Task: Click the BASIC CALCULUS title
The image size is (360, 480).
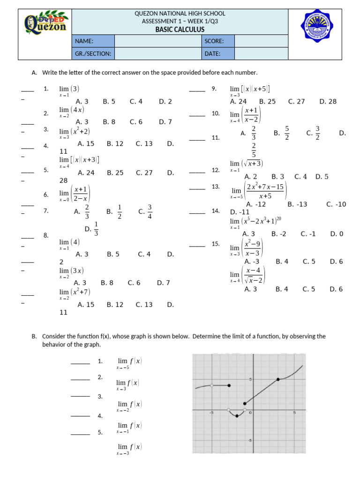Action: click(x=180, y=30)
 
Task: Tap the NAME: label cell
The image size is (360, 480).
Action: click(x=93, y=41)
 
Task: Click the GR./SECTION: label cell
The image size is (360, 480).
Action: click(x=93, y=53)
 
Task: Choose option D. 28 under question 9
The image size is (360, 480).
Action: click(x=328, y=101)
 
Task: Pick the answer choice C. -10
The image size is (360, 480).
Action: click(x=336, y=204)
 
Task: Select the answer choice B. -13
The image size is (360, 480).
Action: click(x=297, y=204)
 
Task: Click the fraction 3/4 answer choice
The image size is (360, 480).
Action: click(x=145, y=211)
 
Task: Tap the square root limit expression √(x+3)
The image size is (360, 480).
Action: click(x=247, y=164)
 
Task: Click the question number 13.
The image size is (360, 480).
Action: click(x=216, y=187)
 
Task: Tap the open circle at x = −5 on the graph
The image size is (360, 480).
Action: click(x=212, y=386)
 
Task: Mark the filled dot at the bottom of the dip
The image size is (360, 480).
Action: click(x=237, y=416)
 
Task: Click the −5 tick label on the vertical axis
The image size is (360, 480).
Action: click(x=250, y=441)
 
